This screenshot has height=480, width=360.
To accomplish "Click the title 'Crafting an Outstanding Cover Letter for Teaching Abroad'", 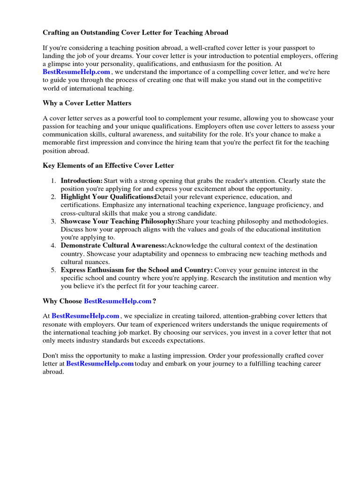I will pos(135,33).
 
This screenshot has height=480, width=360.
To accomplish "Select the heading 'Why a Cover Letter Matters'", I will pos(87,103).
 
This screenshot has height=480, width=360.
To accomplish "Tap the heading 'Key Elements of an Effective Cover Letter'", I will pos(108,165).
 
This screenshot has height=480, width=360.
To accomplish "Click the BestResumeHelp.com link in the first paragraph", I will pos(76,72).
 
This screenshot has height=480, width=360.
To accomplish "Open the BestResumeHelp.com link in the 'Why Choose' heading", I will pos(118,301).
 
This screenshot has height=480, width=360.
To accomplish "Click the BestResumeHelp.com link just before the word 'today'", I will pos(100,363).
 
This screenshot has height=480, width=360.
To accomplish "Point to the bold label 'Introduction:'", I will pos(82,180).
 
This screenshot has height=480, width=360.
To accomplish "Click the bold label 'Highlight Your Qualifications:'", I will pos(108,197).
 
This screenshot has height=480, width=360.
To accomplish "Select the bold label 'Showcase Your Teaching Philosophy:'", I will pos(119,221).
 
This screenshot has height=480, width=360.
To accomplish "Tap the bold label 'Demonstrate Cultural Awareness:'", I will pos(113,246).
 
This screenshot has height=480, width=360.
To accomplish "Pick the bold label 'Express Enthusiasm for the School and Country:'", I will pos(136,270).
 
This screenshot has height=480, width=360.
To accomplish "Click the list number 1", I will pos(53,181).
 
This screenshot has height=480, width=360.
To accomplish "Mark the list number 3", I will pos(53,221).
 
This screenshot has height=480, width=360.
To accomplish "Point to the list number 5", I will pos(53,270).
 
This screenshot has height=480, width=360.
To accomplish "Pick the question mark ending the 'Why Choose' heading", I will pos(155,301).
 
